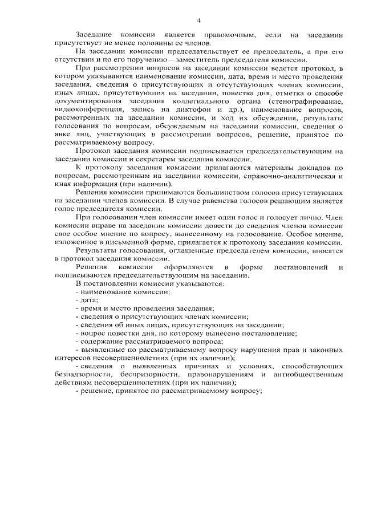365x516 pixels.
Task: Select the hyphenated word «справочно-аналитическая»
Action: (x=275, y=177)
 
